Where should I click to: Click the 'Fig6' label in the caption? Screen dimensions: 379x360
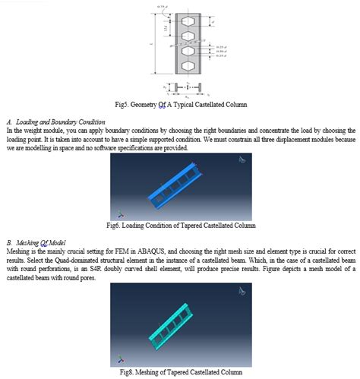point(118,226)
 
